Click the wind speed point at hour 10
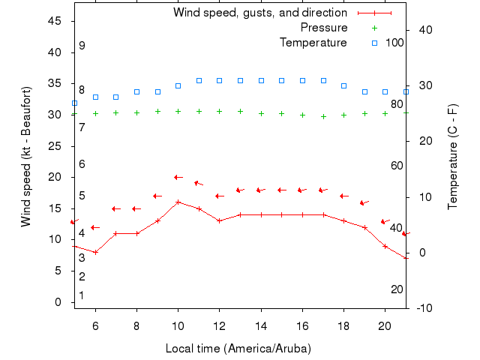coord(178,202)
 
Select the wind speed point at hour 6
coord(95,252)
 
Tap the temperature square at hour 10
coord(178,85)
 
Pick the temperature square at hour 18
coord(343,85)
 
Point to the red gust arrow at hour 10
coord(178,177)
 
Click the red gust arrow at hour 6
coord(95,227)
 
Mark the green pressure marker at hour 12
coord(219,111)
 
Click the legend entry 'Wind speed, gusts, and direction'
coord(259,13)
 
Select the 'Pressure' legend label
coord(324,28)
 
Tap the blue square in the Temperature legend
coord(375,43)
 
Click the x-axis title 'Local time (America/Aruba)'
coord(238,349)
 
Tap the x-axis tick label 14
coord(261,325)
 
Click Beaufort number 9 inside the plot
coord(82,46)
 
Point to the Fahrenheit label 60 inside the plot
coord(397,166)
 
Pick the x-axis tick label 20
coord(385,325)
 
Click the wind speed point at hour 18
coord(343,220)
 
